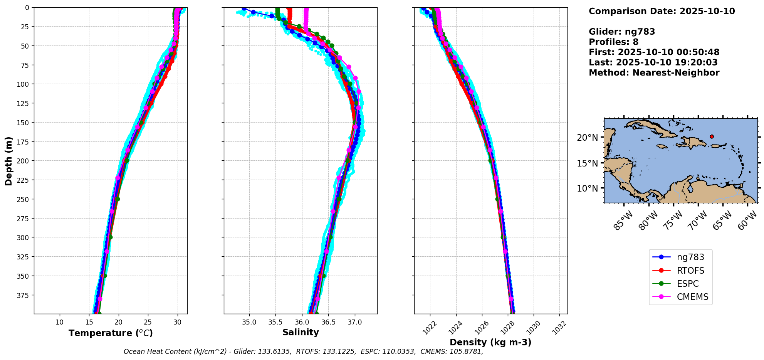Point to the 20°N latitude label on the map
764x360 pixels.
(587, 138)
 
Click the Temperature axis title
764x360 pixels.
(111, 333)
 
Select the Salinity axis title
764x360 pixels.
(301, 332)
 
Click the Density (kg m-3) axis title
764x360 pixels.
(490, 342)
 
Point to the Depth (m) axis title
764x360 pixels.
(8, 161)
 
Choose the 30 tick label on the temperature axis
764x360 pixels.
(177, 322)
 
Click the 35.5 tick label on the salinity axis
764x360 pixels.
(275, 322)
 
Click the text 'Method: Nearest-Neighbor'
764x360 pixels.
(654, 73)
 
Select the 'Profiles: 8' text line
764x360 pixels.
(613, 42)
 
